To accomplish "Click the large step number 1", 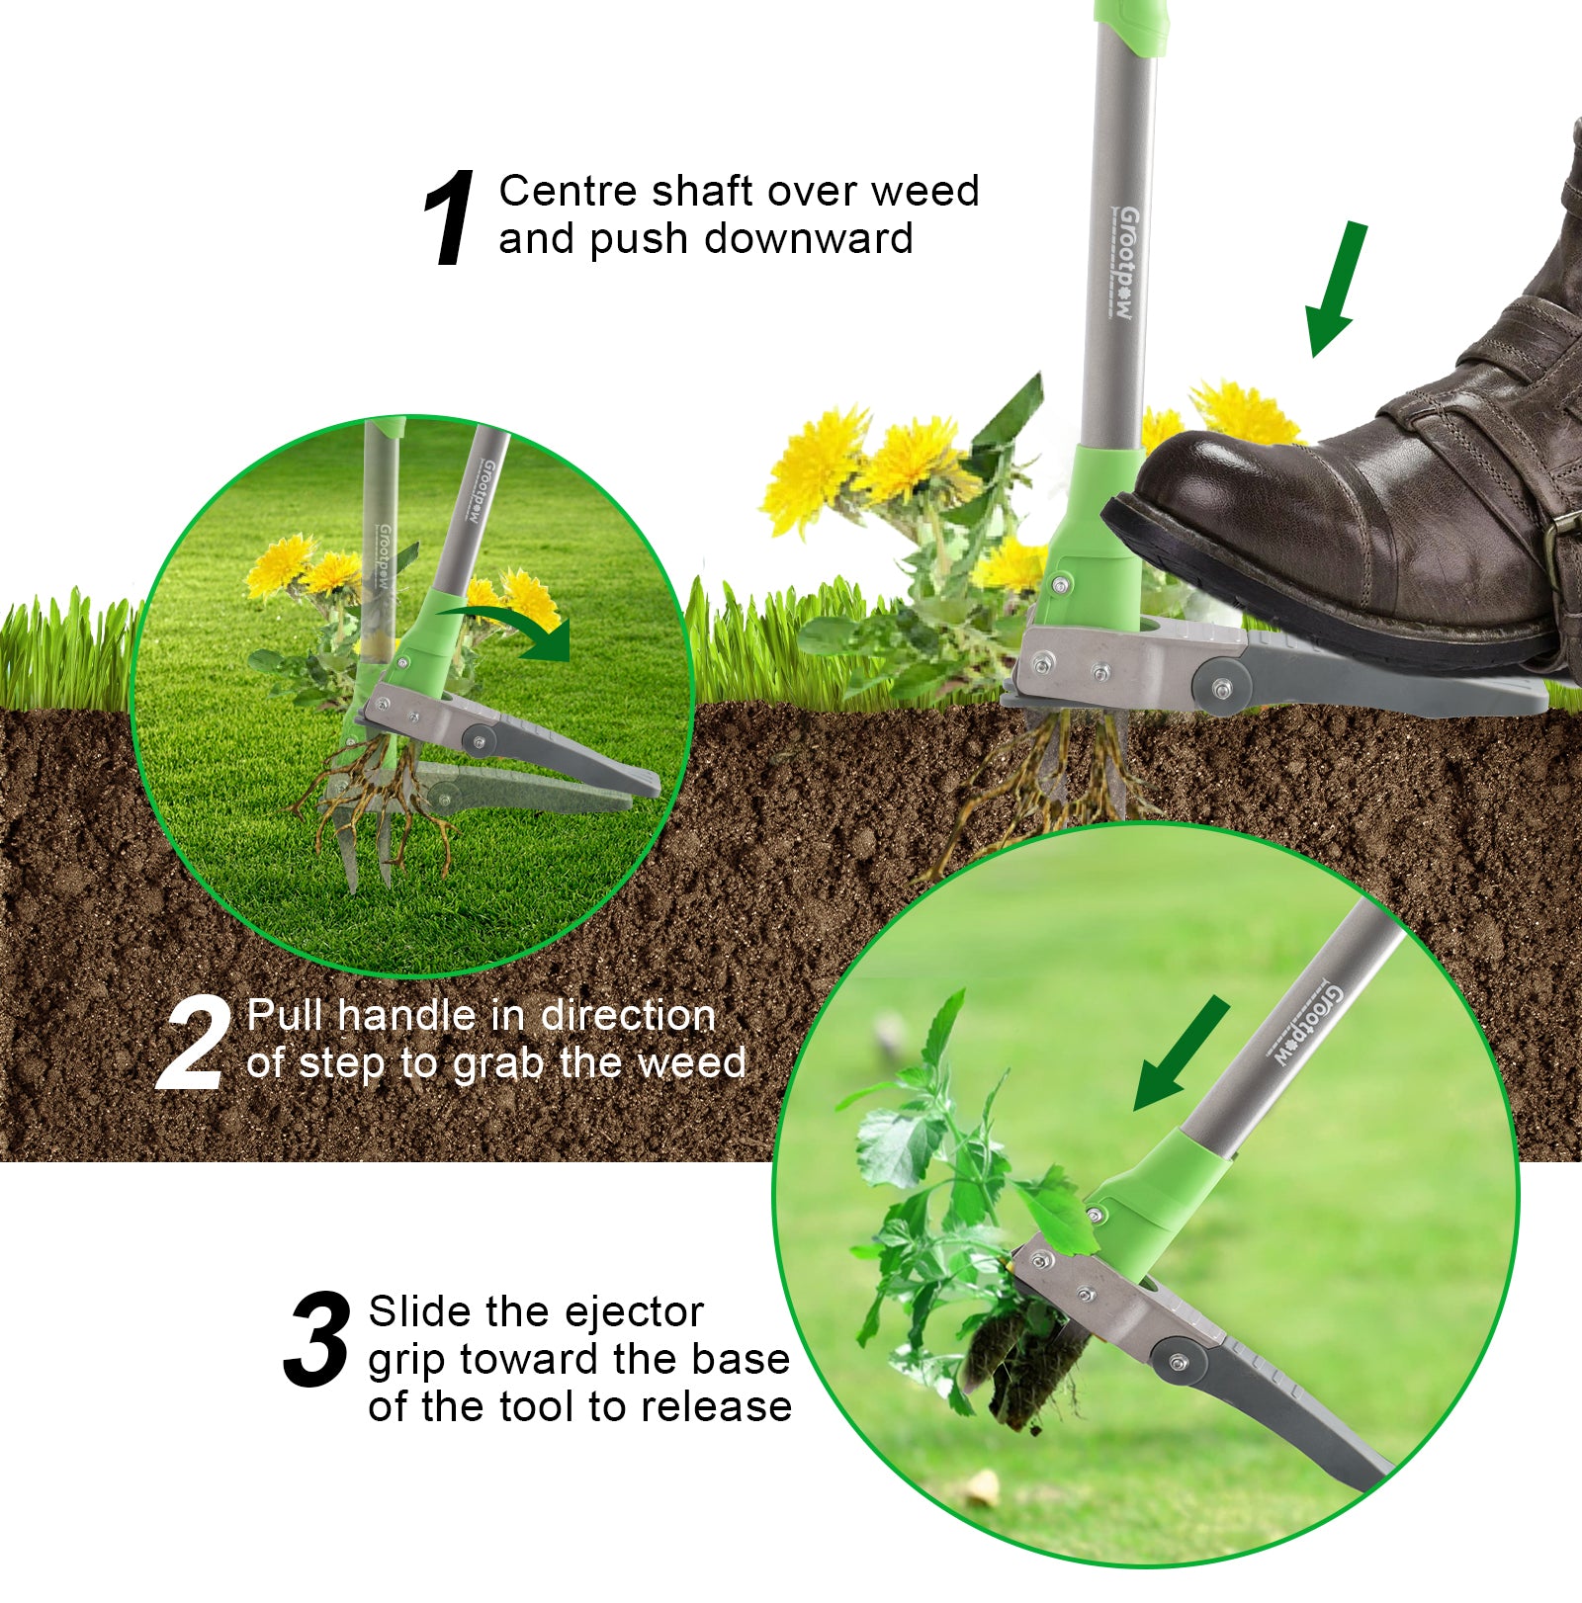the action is pyautogui.click(x=450, y=217).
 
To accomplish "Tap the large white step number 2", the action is pyautogui.click(x=193, y=1044).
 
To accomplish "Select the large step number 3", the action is pyautogui.click(x=317, y=1339).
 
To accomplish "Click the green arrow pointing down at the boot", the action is pyautogui.click(x=1336, y=289).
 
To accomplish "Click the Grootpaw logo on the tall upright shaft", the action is pyautogui.click(x=1126, y=262).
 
